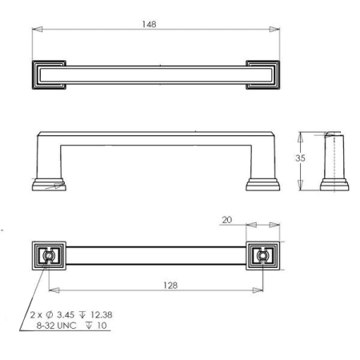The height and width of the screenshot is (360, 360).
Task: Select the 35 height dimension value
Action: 300,158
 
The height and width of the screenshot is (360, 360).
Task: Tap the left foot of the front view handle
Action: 48,183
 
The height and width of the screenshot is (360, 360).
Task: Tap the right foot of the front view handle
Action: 262,183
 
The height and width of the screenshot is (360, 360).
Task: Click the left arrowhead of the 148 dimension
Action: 36,30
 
